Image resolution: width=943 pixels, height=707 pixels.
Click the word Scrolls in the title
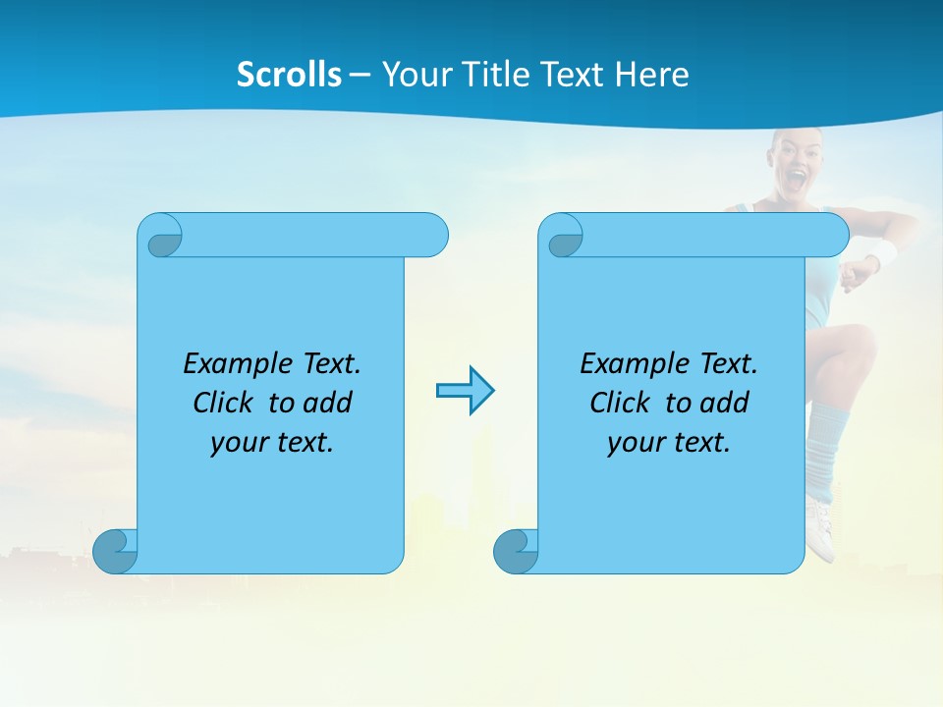coord(289,75)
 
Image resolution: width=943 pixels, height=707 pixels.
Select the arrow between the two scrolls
coord(465,391)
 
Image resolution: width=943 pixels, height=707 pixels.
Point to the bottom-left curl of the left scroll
coord(115,551)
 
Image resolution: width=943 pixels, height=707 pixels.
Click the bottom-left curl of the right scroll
coord(515,551)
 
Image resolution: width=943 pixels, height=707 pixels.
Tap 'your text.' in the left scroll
coord(272,443)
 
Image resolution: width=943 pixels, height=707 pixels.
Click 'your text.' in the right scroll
coord(669,443)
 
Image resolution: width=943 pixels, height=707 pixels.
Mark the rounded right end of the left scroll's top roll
coord(432,236)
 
